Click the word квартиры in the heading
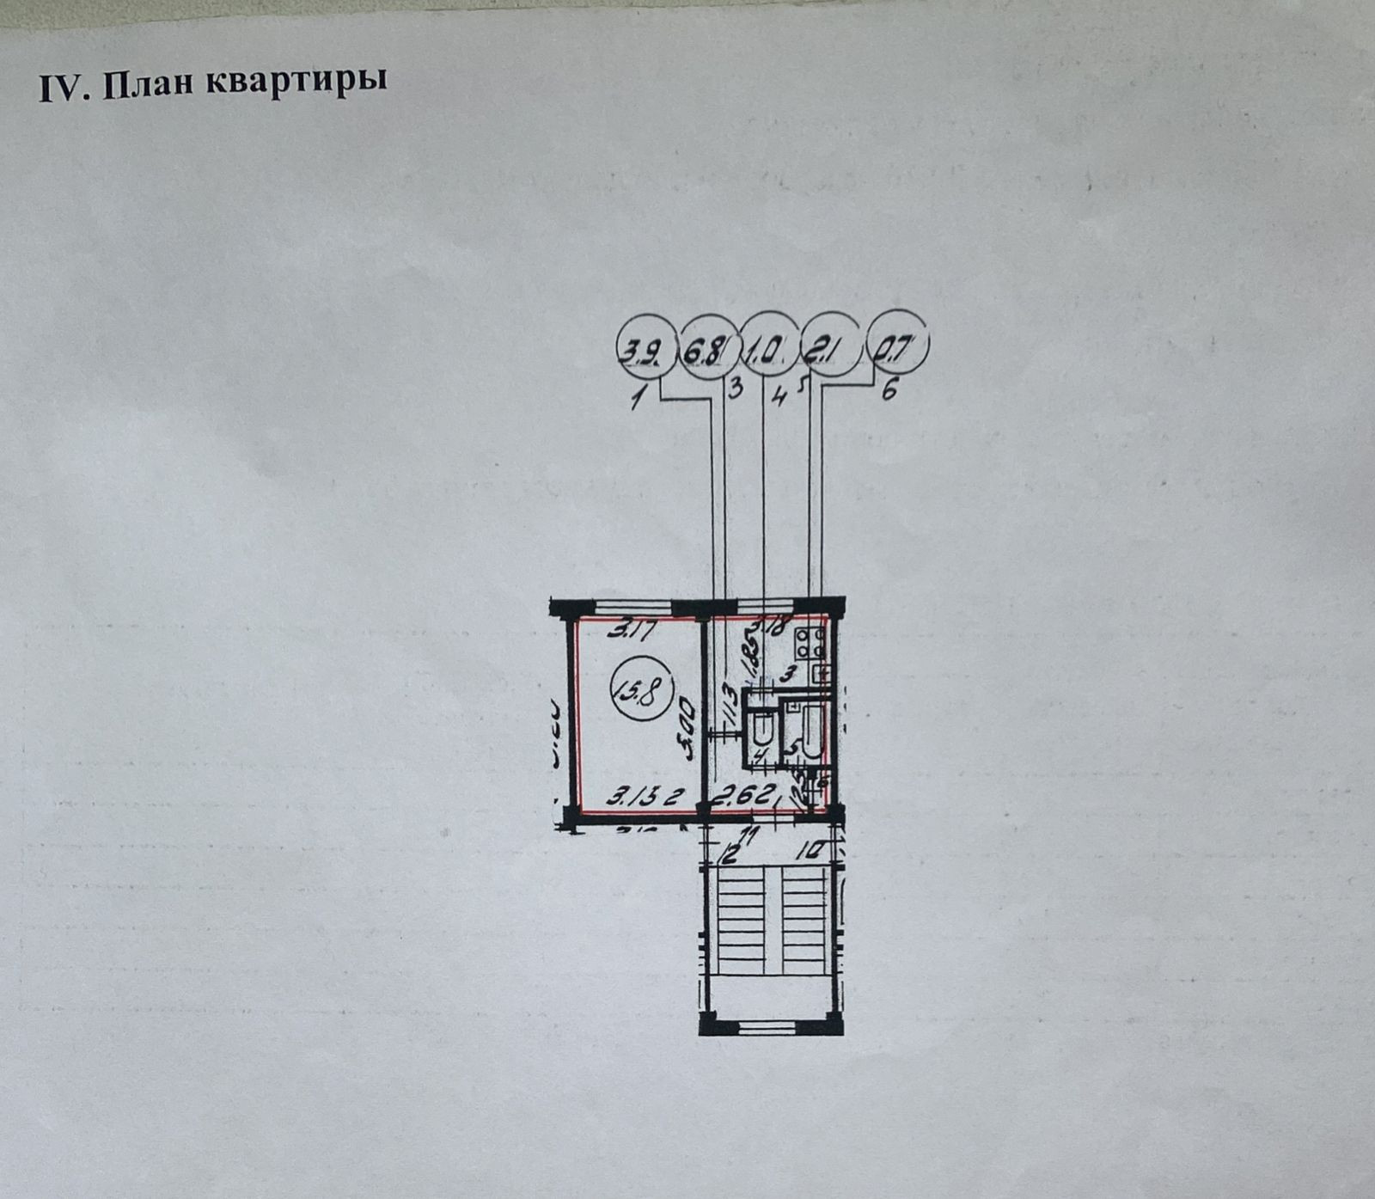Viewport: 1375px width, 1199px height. pos(296,84)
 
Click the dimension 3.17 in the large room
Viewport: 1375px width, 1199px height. pos(632,632)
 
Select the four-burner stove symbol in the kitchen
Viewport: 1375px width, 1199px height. pos(810,640)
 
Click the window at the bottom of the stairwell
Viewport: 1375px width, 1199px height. pos(771,1025)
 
